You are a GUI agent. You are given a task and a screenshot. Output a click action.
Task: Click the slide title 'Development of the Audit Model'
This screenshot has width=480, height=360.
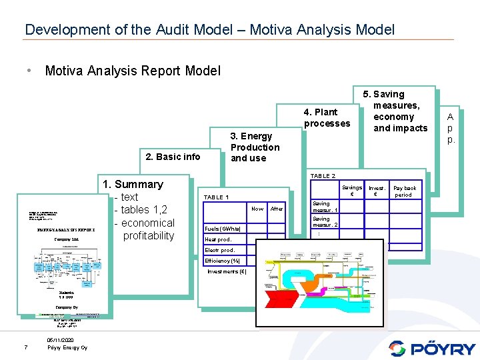coord(209,29)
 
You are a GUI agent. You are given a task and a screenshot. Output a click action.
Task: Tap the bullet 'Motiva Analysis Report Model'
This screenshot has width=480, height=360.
coord(132,71)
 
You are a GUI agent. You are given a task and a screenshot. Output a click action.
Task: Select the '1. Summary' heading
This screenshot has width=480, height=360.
coord(132,184)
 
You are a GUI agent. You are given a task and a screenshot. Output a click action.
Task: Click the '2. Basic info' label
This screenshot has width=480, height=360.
coord(173,157)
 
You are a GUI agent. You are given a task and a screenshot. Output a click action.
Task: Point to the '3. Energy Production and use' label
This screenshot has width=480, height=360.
coord(255,147)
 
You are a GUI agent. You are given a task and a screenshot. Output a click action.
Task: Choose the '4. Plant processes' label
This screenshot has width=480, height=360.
coord(327,117)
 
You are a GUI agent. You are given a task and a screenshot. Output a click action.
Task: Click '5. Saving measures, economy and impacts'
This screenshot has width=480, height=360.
coord(400,111)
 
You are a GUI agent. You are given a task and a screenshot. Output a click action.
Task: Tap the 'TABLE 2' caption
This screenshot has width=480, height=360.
coord(323,176)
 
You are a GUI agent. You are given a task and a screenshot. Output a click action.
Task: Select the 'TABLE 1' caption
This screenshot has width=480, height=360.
coord(216,198)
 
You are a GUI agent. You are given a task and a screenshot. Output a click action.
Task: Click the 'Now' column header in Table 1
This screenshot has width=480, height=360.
coord(257,209)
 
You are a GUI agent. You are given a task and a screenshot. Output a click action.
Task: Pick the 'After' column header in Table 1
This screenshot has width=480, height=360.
coord(277,209)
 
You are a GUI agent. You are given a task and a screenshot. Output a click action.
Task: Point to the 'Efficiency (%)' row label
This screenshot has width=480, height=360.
coord(222,261)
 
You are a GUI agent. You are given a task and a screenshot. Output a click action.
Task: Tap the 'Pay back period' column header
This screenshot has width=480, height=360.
coord(405,191)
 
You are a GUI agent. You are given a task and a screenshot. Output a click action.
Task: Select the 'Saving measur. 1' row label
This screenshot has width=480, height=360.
coord(325,207)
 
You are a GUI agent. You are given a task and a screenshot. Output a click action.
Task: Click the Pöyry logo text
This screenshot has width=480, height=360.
coord(441,348)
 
